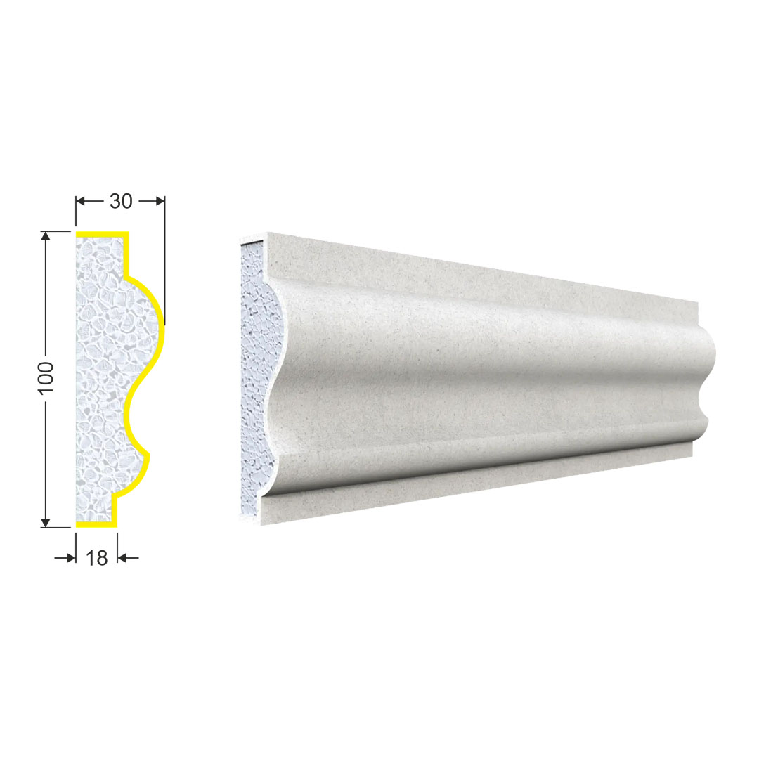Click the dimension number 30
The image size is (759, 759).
point(121,201)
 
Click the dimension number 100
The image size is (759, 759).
point(46,378)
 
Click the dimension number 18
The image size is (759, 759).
point(97,558)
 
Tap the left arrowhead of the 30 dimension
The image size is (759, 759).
point(81,201)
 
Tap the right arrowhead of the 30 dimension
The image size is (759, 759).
point(160,201)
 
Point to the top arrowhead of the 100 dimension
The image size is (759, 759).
point(46,236)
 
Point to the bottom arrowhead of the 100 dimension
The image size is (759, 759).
point(46,522)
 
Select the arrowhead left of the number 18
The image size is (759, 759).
point(71,558)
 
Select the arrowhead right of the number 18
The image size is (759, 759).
point(122,558)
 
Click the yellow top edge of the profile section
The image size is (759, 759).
point(102,235)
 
